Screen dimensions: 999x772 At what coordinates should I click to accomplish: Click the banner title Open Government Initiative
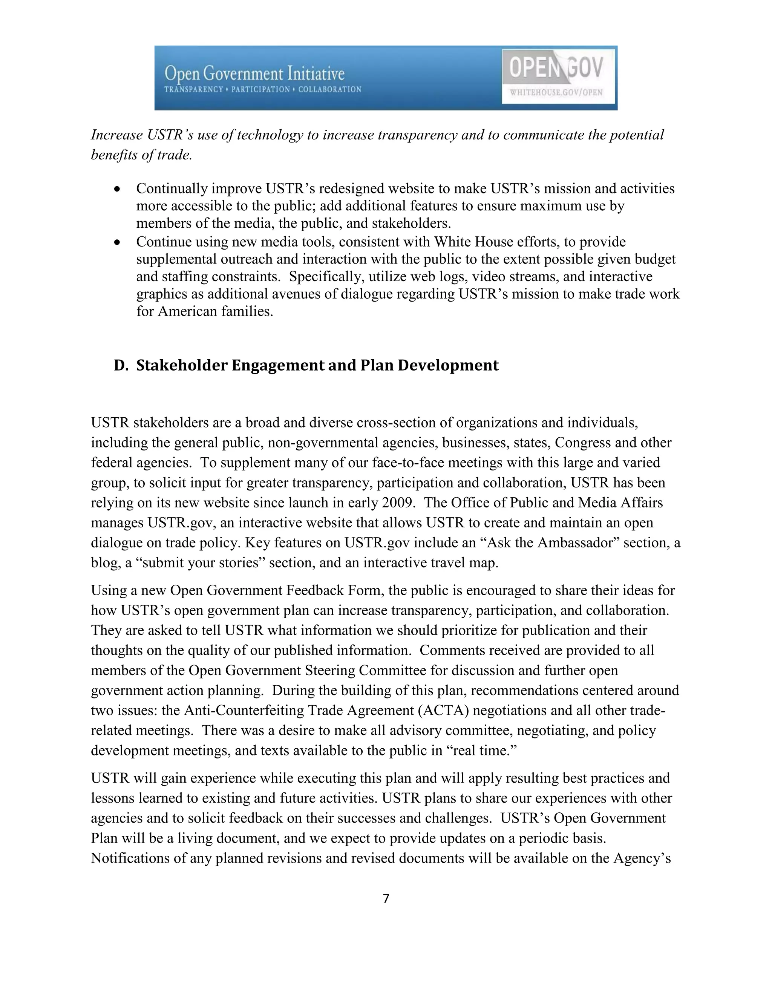point(254,73)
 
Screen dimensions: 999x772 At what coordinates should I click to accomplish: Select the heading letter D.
point(121,365)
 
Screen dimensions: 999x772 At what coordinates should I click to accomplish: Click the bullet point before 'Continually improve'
point(118,189)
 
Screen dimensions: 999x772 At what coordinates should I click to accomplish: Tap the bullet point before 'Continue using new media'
point(118,242)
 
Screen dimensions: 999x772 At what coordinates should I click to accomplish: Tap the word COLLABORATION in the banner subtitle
point(330,90)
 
